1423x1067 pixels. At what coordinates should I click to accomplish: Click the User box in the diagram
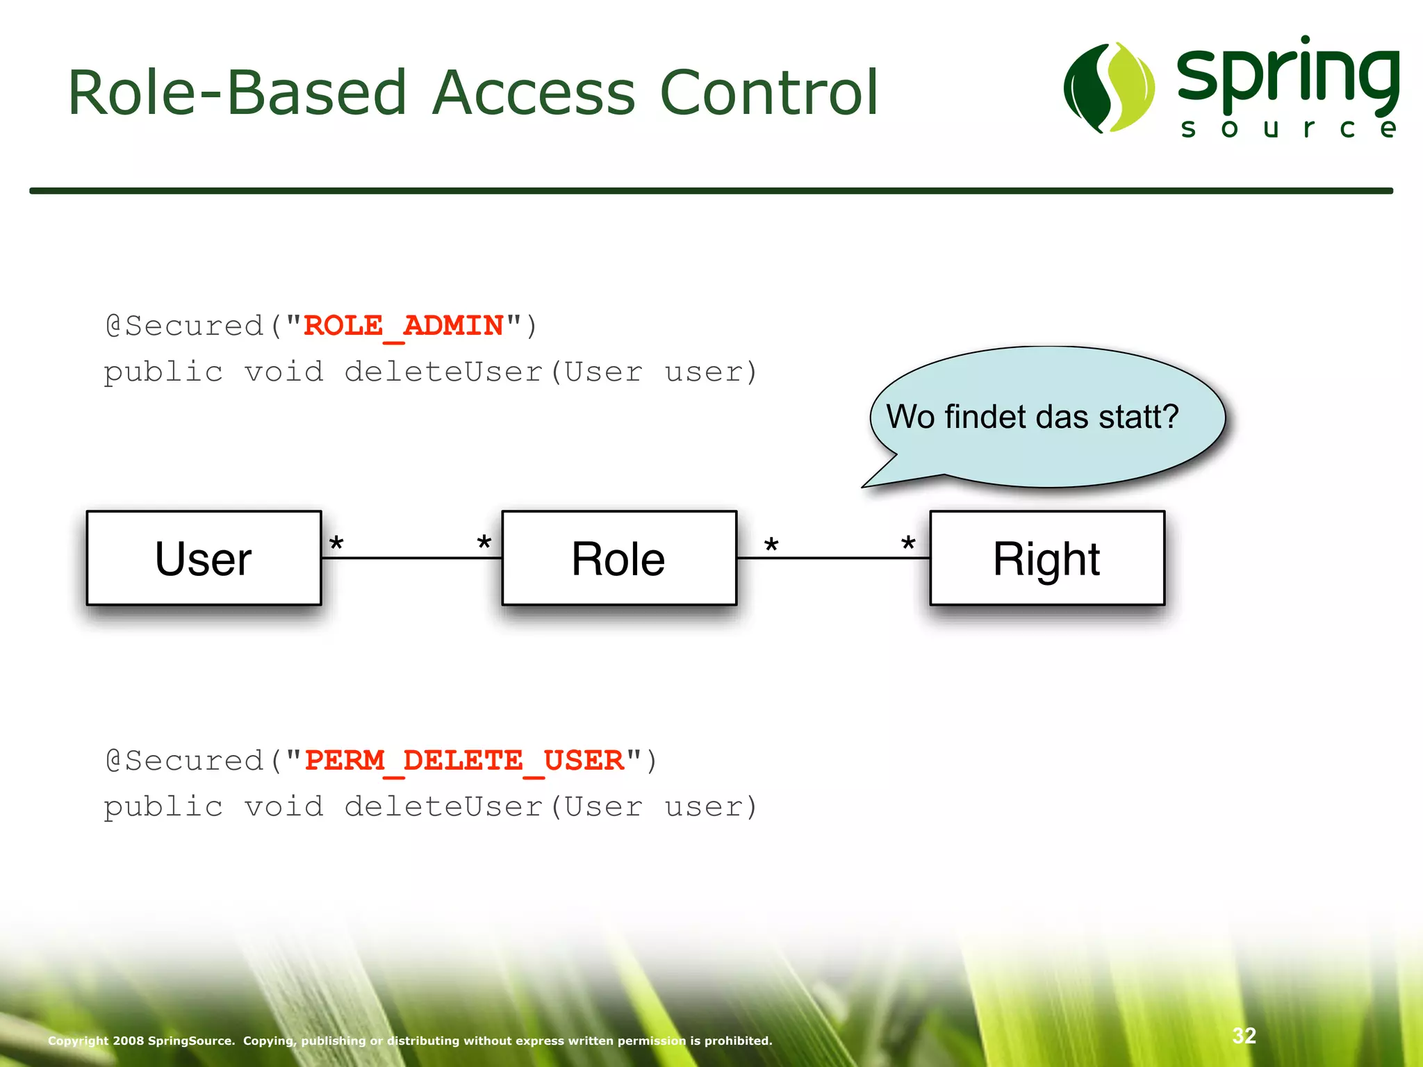pos(204,559)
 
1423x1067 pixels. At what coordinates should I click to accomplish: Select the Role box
pos(618,559)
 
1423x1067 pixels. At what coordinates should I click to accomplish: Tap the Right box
pos(1046,559)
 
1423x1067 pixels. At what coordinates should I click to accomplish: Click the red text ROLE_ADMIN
pos(404,326)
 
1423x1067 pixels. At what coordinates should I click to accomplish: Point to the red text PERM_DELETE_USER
pos(464,761)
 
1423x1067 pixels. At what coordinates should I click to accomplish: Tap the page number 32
pos(1244,1036)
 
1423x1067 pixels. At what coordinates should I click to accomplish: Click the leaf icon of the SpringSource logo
pos(1108,88)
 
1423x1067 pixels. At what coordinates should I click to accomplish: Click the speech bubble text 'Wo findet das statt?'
pos(1033,417)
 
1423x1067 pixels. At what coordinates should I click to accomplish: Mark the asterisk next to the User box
pos(336,544)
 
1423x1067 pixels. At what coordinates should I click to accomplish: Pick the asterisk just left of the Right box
pos(908,544)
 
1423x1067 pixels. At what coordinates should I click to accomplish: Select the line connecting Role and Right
pos(834,558)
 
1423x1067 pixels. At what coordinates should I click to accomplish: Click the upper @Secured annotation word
pos(185,326)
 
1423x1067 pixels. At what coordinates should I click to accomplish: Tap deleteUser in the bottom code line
pos(443,807)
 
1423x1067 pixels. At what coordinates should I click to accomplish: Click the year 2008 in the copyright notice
pos(129,1041)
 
